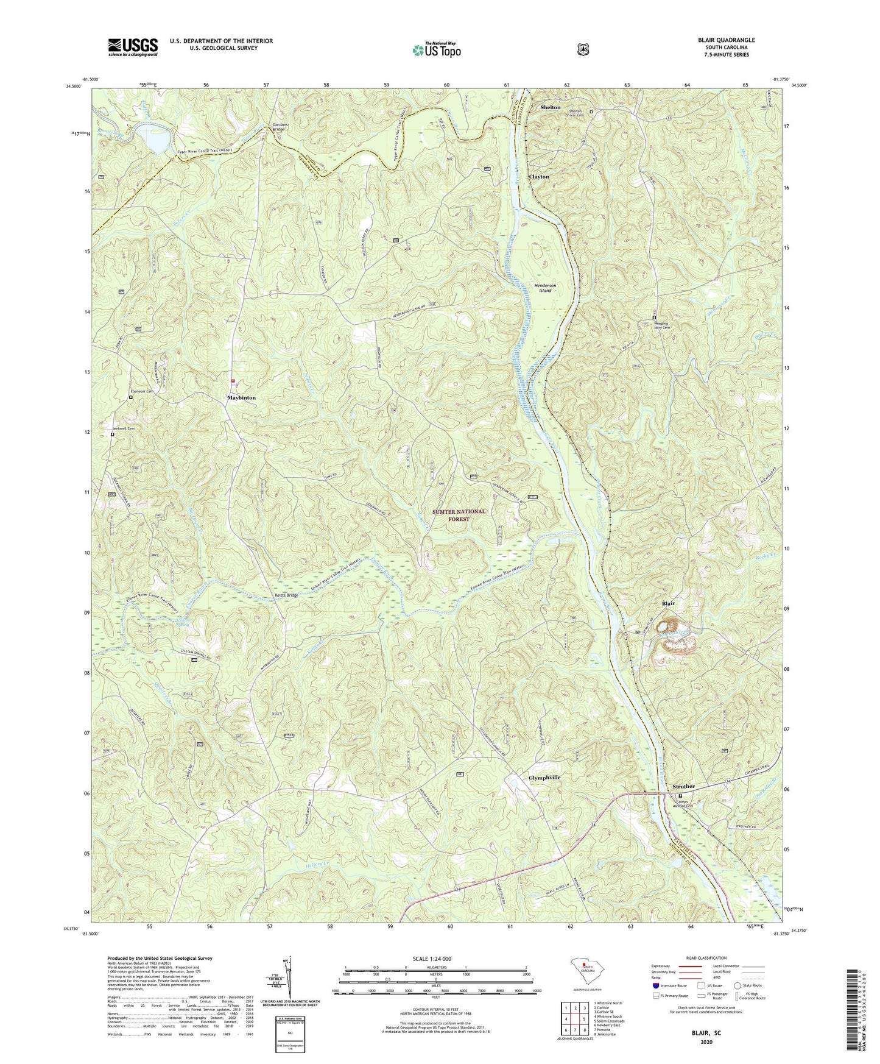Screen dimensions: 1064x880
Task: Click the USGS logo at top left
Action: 133,47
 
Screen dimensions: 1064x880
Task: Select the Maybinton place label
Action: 242,397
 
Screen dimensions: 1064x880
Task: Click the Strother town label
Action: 683,786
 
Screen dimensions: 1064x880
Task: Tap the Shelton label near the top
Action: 550,107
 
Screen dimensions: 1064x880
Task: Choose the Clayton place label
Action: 538,177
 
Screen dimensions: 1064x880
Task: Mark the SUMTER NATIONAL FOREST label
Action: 459,515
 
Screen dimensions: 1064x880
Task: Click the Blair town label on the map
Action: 668,603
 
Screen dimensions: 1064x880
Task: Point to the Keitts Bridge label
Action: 285,595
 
